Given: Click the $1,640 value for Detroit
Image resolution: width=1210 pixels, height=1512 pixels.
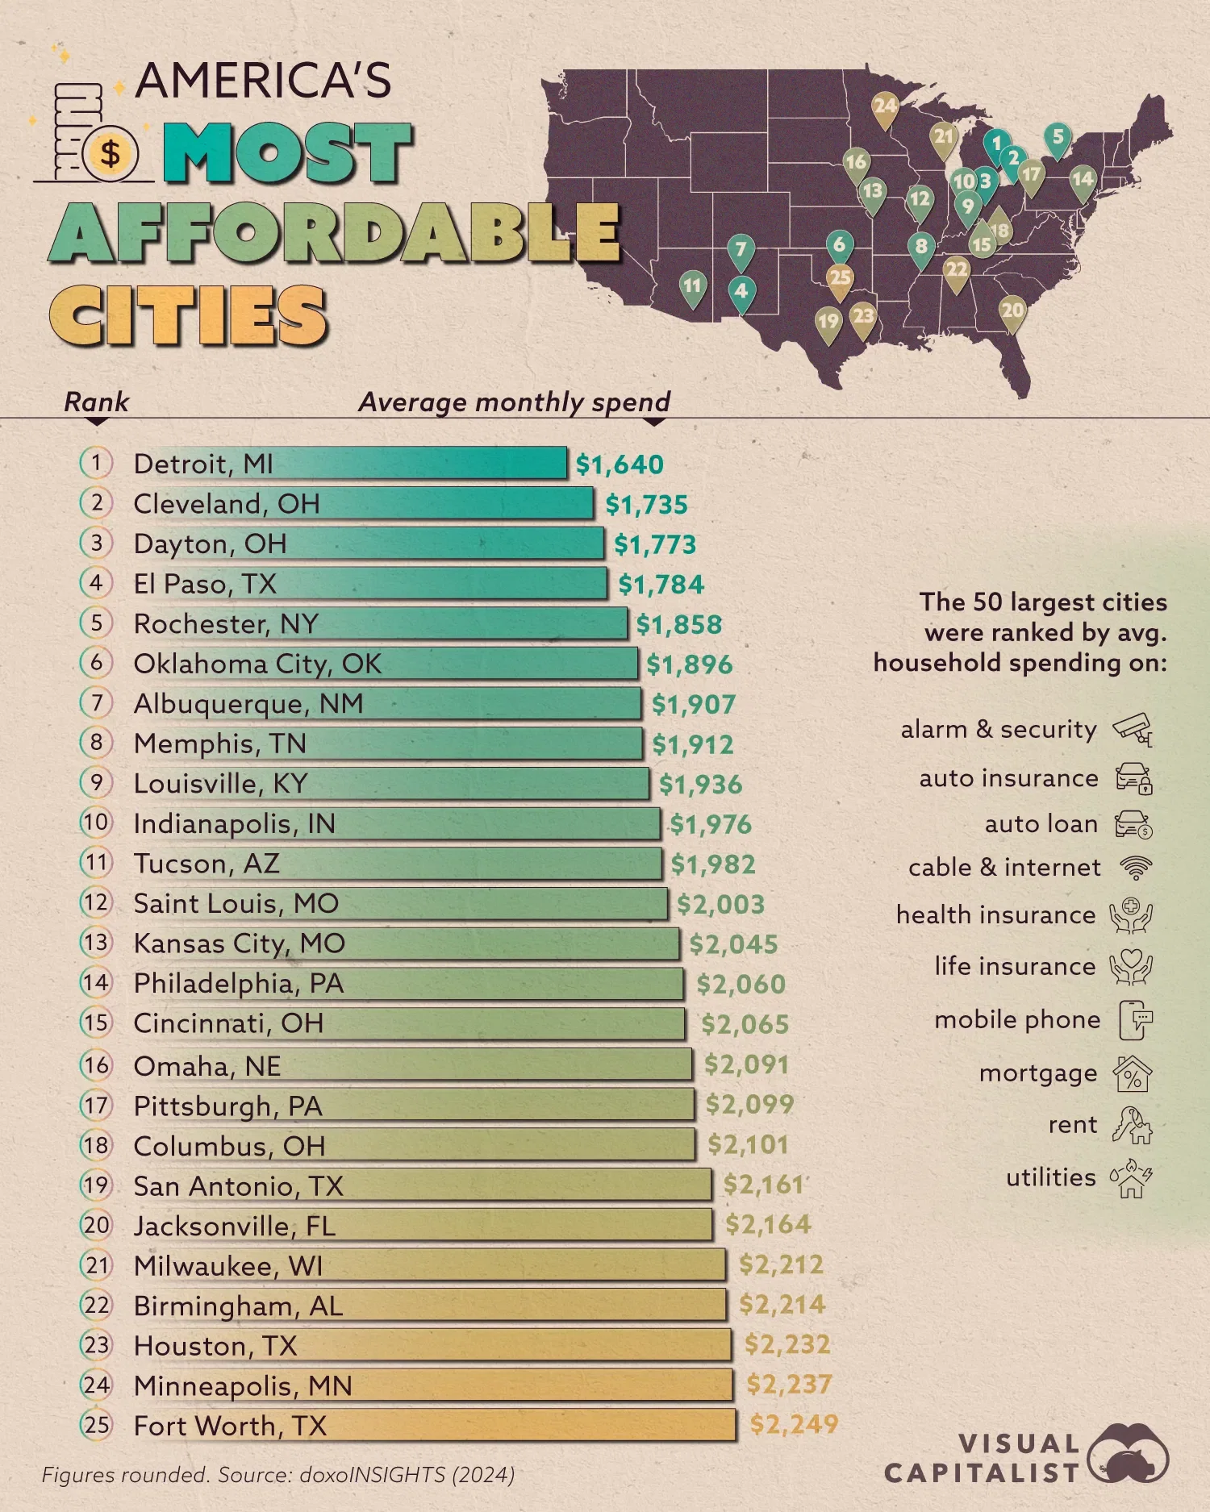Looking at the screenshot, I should pos(620,464).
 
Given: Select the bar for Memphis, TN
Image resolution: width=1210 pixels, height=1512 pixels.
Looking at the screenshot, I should pos(476,744).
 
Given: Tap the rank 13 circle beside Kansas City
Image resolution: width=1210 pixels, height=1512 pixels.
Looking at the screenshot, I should pos(96,943).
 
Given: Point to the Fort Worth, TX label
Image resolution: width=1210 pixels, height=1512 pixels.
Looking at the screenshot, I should pos(231,1426).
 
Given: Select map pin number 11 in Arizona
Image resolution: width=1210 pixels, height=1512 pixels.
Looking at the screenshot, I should pos(692,286).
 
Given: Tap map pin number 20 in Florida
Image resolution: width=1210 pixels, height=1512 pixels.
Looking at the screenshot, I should pos(1012,310).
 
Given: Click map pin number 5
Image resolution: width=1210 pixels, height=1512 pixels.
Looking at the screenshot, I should pos(1058,138).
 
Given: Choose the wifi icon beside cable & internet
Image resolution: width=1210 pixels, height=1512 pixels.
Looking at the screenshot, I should pos(1136,868).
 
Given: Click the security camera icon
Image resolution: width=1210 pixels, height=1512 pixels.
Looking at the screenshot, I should pos(1133,729).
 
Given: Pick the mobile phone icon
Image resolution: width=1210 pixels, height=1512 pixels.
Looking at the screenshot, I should pos(1135,1020).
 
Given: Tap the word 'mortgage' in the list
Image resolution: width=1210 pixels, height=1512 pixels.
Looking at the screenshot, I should pos(1038,1073).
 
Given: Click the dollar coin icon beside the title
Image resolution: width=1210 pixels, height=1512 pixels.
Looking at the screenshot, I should pos(111,152).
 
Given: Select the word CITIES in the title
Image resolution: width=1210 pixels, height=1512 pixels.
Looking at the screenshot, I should pos(189,315).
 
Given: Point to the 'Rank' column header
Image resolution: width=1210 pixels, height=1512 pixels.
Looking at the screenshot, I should pos(96,402).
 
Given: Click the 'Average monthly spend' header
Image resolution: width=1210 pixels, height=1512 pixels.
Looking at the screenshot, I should pos(515,402).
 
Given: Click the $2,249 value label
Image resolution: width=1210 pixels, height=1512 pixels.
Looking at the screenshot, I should pos(794,1425).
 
